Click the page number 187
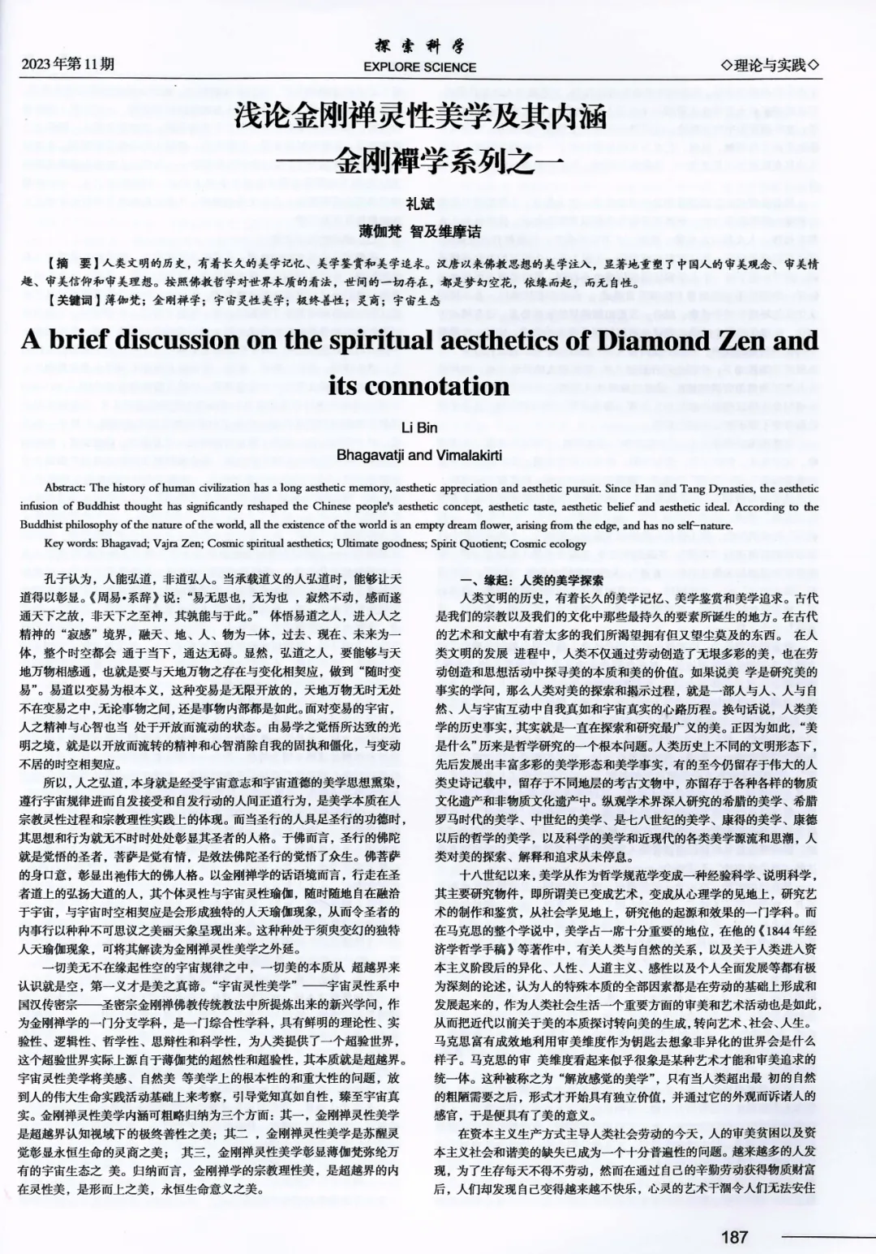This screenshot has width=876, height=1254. [x=734, y=1237]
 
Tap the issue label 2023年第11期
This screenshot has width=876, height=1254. [x=68, y=64]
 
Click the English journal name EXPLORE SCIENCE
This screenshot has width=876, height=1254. [x=420, y=67]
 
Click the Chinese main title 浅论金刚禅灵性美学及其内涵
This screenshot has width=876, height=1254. [x=420, y=117]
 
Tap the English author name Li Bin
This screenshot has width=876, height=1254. [x=419, y=427]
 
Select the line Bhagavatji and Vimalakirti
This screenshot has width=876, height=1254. [x=419, y=455]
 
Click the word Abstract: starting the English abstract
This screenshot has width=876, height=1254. [x=66, y=488]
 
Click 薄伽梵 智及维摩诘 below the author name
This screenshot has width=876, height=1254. [x=420, y=232]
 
